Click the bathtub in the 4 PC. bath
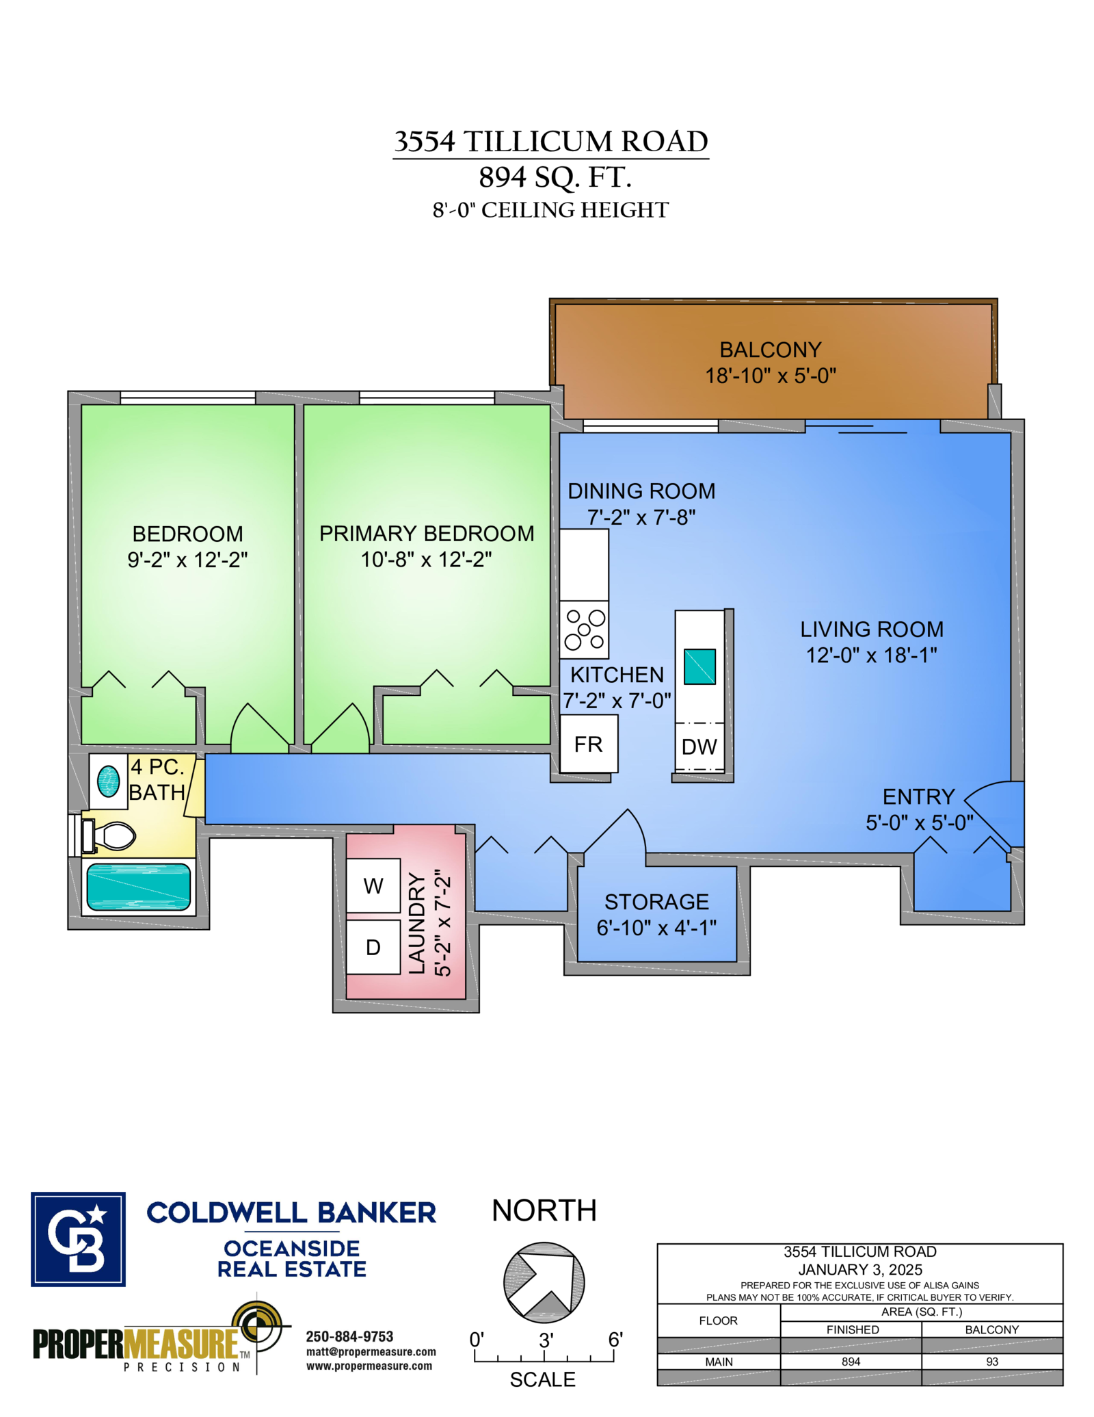(139, 887)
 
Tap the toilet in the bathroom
(109, 835)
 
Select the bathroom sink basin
(109, 781)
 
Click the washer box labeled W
(373, 885)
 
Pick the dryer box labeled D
(373, 947)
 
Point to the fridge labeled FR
(589, 744)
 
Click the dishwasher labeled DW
(699, 746)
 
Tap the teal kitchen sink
(699, 666)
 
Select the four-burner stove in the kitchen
(585, 629)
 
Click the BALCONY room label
(771, 350)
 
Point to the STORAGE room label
(656, 902)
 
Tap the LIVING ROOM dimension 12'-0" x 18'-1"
(872, 655)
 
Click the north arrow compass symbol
(544, 1282)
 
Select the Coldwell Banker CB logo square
(78, 1239)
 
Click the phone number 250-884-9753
(349, 1336)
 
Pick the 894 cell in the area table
(851, 1362)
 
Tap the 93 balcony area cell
(992, 1362)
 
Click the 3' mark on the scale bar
(546, 1340)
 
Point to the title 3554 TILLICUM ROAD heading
(551, 142)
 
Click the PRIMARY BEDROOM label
(427, 534)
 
